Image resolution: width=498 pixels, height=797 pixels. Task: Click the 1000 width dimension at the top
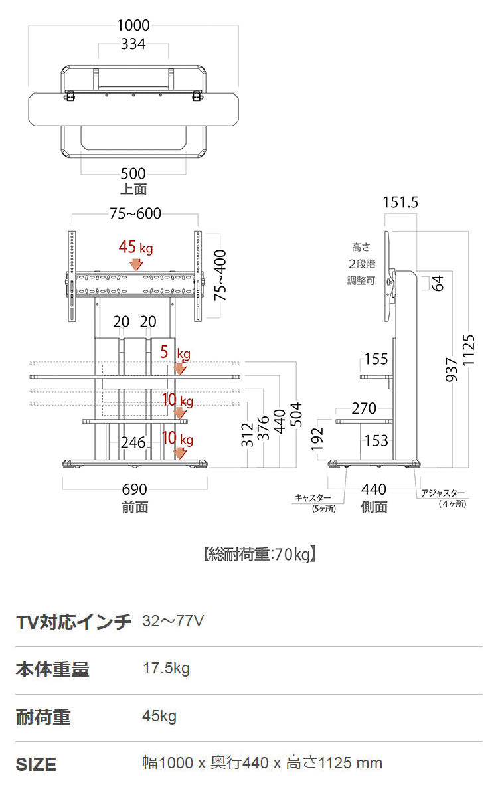point(133,26)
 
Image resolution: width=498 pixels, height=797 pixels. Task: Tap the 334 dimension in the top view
point(133,44)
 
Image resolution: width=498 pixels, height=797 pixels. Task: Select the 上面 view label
point(133,189)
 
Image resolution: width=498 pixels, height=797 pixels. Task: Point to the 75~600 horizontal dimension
point(135,214)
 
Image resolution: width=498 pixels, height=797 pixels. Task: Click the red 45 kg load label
point(135,248)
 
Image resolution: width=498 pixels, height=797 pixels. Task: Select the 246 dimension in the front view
point(133,442)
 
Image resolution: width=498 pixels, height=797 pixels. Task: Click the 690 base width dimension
point(135,489)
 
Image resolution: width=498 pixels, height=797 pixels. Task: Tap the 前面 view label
point(135,507)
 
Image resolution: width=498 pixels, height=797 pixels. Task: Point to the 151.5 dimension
point(400,203)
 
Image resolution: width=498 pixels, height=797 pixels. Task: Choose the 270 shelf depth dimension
point(364,408)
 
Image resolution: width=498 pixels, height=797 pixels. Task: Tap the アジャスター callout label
point(443,493)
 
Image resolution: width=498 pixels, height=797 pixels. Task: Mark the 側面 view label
point(374,507)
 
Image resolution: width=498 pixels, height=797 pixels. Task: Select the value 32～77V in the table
point(173,621)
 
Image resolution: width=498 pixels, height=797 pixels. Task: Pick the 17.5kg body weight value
point(166,668)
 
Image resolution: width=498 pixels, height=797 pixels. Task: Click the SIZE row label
point(36,764)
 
